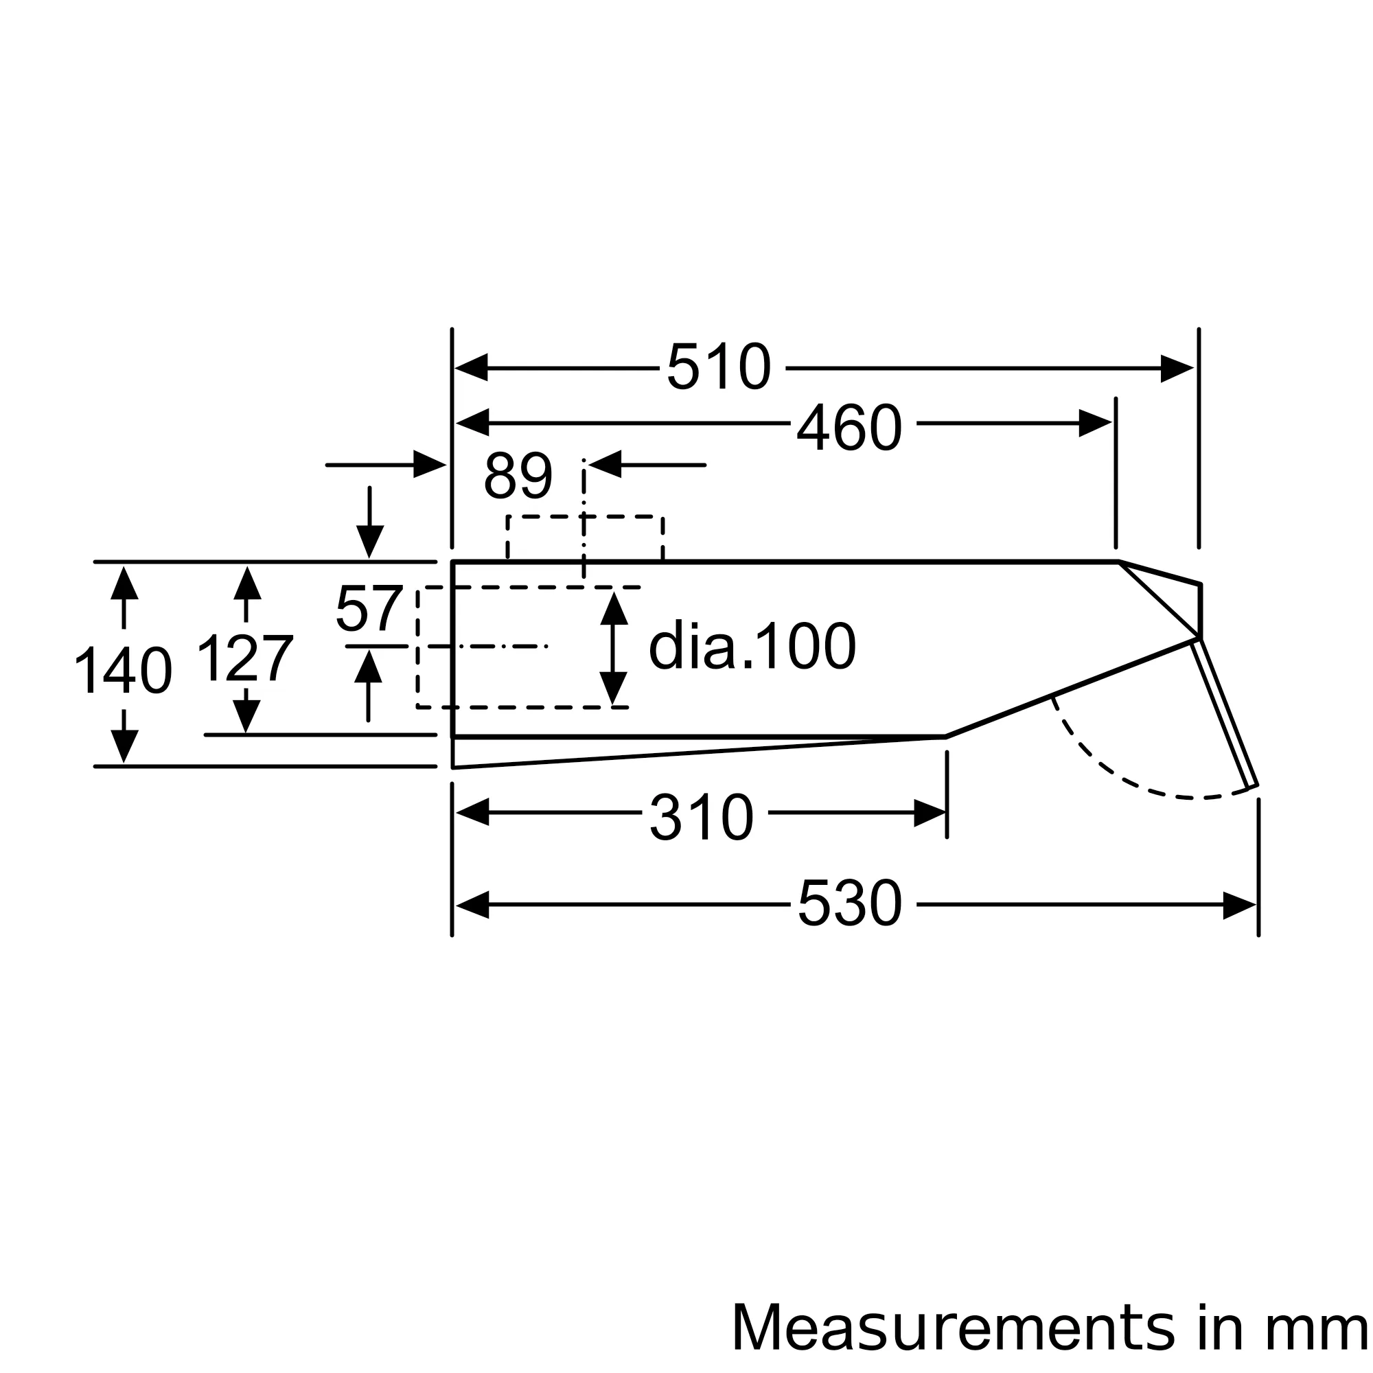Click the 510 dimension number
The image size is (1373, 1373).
719,367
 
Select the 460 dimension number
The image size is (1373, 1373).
849,427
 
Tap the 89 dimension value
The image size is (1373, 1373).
518,476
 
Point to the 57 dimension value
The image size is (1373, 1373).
369,608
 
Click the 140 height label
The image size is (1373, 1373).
123,670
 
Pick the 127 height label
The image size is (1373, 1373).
244,660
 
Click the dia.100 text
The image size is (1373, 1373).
752,646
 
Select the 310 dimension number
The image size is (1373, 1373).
702,818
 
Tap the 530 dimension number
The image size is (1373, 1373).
849,903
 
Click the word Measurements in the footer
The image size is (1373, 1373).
952,1328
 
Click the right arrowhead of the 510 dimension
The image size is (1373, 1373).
1176,368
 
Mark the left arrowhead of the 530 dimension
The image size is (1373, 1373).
472,905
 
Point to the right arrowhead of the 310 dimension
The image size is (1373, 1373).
930,813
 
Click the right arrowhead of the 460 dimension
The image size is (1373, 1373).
1094,423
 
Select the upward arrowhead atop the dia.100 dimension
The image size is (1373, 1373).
613,609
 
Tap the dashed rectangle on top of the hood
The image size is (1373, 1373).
585,518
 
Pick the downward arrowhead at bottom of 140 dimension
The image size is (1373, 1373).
124,746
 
